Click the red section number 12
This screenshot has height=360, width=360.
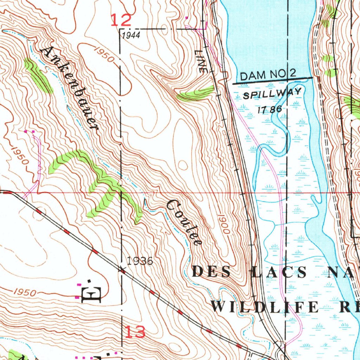121,20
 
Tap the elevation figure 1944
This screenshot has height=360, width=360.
131,35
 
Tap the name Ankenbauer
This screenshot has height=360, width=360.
69,88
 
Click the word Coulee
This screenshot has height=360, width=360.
184,222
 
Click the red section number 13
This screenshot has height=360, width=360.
135,332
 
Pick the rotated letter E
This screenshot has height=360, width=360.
91,295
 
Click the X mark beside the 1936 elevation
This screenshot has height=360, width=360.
122,270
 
